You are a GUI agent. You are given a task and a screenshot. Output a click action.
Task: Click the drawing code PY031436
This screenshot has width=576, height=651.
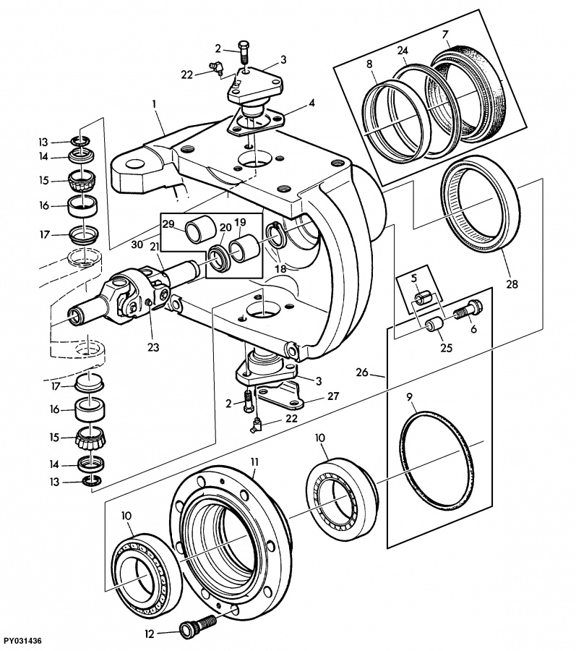click(21, 642)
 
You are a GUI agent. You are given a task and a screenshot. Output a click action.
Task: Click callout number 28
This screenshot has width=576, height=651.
click(512, 284)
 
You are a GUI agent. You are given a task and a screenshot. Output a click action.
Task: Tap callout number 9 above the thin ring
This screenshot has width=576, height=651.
click(409, 397)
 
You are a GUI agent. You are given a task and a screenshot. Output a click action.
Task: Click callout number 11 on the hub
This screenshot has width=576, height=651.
click(254, 461)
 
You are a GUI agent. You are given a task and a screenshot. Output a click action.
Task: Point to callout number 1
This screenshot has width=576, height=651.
click(155, 103)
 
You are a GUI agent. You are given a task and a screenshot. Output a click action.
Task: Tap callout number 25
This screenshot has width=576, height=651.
click(446, 347)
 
